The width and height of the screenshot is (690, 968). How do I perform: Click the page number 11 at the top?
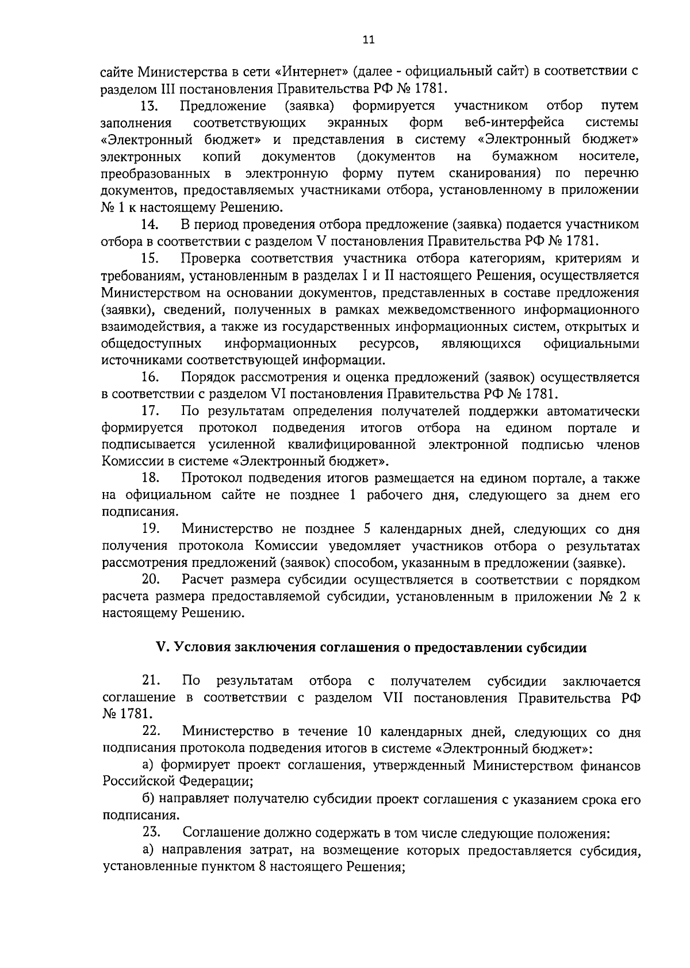click(x=369, y=39)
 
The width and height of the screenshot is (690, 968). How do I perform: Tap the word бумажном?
click(x=525, y=157)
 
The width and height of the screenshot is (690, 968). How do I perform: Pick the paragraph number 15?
click(x=151, y=258)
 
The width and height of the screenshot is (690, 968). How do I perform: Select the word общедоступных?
click(x=151, y=344)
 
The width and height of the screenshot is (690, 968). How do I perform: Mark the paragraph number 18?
click(x=151, y=478)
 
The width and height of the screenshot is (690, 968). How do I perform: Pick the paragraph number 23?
click(x=151, y=833)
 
